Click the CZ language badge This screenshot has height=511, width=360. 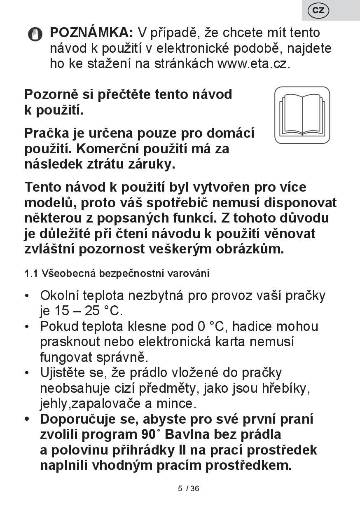pyautogui.click(x=318, y=10)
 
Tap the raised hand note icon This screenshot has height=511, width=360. pyautogui.click(x=35, y=34)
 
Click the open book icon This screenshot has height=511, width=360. pyautogui.click(x=302, y=115)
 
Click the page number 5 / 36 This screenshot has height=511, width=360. pyautogui.click(x=189, y=489)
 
